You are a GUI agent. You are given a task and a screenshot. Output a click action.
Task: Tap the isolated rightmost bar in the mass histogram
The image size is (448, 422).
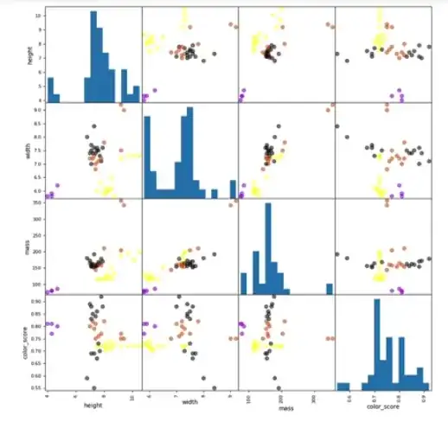pos(329,289)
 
